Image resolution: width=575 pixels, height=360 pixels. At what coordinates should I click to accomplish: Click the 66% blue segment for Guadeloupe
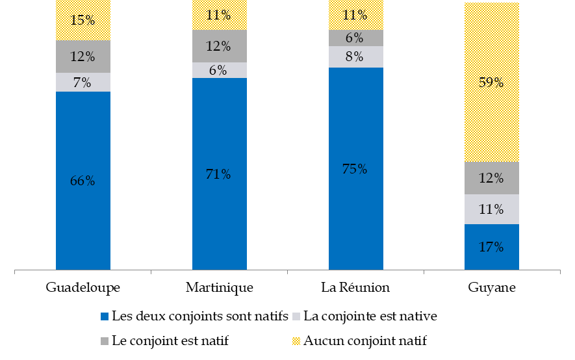tap(83, 181)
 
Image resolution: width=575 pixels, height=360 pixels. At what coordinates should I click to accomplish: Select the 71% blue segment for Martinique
tap(220, 174)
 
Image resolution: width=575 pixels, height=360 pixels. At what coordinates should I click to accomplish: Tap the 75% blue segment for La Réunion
tap(356, 168)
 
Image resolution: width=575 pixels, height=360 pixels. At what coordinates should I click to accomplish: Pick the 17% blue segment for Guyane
tap(492, 247)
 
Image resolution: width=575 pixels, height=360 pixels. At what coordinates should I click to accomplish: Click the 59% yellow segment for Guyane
tap(492, 83)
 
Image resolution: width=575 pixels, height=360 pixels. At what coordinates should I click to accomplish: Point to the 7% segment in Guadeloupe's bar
tap(83, 83)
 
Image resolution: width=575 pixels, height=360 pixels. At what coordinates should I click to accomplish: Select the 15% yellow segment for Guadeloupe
tap(83, 20)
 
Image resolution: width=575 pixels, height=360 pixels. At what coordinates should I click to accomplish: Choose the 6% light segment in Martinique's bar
tap(220, 70)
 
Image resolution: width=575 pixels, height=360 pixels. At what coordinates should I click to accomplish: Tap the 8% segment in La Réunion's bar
tap(356, 57)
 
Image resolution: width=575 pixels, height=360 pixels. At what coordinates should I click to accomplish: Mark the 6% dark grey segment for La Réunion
tap(356, 38)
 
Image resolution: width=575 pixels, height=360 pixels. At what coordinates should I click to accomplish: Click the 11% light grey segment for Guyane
tap(492, 209)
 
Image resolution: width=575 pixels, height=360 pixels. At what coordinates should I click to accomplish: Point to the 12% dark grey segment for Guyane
tap(492, 178)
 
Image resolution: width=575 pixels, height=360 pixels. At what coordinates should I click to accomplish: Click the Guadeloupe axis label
tap(83, 287)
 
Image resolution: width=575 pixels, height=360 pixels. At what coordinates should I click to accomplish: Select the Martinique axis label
tap(220, 287)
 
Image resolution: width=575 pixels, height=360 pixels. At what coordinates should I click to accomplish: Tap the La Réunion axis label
tap(356, 287)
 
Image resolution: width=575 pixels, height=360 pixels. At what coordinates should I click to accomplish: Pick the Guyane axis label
tap(492, 287)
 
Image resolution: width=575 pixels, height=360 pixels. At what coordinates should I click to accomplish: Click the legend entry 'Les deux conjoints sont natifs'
tap(199, 316)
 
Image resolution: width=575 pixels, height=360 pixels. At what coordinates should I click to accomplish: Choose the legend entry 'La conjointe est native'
tap(370, 316)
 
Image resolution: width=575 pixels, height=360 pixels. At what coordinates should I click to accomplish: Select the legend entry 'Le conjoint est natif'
tap(170, 340)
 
